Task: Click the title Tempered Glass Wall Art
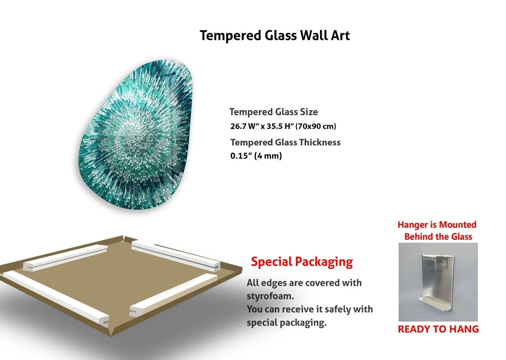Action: click(275, 36)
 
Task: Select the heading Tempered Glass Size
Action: click(274, 112)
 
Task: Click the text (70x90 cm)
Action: click(316, 127)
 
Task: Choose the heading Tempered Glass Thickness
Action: click(285, 142)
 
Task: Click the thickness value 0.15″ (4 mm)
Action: click(256, 156)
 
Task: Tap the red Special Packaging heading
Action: click(302, 262)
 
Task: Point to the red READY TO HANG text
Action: click(438, 329)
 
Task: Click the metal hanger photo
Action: click(438, 281)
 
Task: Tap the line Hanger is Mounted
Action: click(437, 225)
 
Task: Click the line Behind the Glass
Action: click(438, 237)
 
